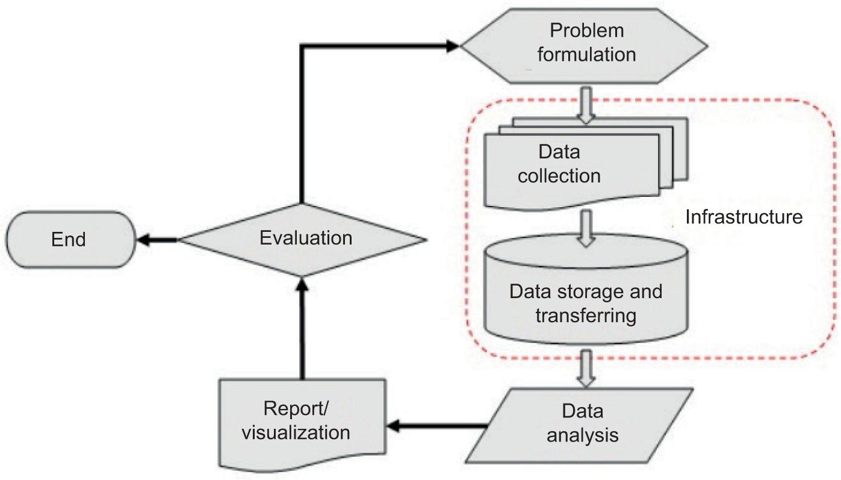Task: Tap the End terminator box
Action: pos(69,239)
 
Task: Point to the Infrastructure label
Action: pos(744,217)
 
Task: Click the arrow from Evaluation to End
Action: pos(158,239)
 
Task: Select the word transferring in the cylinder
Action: pos(586,315)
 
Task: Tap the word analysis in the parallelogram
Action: pos(582,434)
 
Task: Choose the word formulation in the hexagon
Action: pos(586,54)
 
